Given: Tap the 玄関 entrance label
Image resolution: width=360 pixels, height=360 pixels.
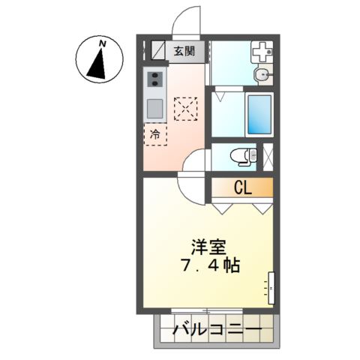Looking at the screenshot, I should click(184, 52).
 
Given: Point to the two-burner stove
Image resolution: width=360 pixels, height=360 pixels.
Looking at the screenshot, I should click(155, 79).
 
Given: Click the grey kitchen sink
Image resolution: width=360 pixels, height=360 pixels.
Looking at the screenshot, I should click(155, 106).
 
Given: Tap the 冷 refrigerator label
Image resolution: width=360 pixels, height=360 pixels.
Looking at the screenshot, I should click(155, 136).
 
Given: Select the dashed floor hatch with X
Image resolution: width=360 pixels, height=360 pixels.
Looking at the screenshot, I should click(184, 109).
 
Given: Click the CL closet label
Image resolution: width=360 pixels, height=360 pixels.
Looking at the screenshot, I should click(241, 187).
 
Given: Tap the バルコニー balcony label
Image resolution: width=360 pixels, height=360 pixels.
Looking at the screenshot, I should click(217, 329).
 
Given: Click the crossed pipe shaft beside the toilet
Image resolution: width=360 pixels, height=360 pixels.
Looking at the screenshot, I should click(269, 155).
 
